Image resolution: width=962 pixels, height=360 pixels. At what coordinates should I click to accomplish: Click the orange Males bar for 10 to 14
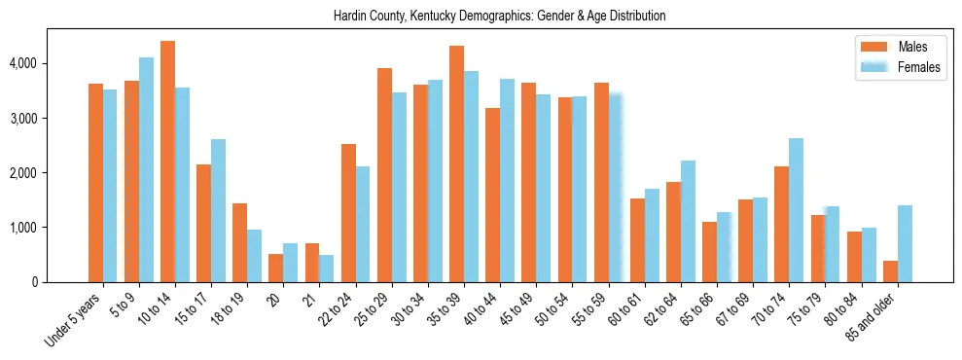tap(167, 162)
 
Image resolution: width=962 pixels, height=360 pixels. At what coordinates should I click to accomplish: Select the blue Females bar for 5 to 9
tap(146, 170)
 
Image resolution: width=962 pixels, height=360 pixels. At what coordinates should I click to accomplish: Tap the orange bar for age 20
tap(276, 269)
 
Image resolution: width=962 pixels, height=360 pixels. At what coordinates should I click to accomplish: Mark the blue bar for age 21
tap(327, 269)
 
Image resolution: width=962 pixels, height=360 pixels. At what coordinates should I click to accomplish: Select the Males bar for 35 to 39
tap(456, 164)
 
